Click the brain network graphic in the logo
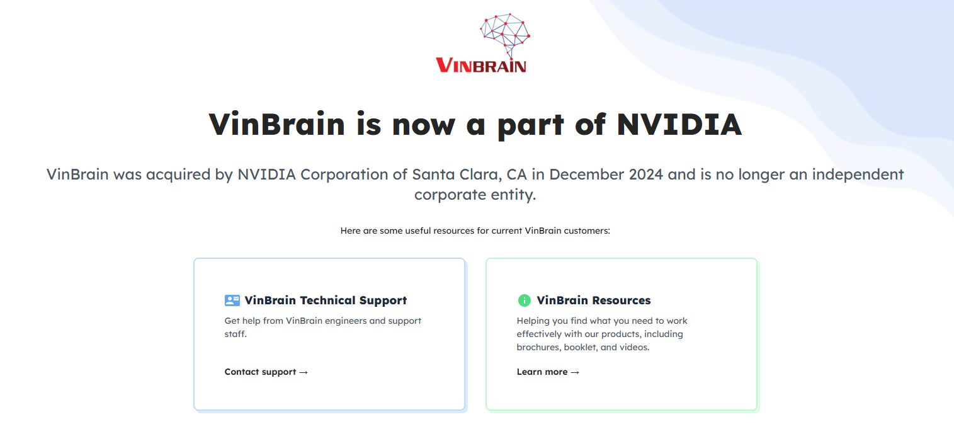[504, 32]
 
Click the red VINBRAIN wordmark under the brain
[480, 65]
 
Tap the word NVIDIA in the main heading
[679, 124]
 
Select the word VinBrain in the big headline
[277, 124]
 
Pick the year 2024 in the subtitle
[646, 174]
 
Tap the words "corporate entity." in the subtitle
[475, 195]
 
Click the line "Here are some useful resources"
[475, 231]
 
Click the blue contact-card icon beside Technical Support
[232, 300]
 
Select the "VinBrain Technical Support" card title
[326, 300]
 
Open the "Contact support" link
[260, 372]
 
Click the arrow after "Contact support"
[304, 372]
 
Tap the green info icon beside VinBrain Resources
[524, 300]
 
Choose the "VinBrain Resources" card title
[593, 300]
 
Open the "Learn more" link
[542, 372]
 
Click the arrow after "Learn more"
[575, 372]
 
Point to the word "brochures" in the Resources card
[538, 347]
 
